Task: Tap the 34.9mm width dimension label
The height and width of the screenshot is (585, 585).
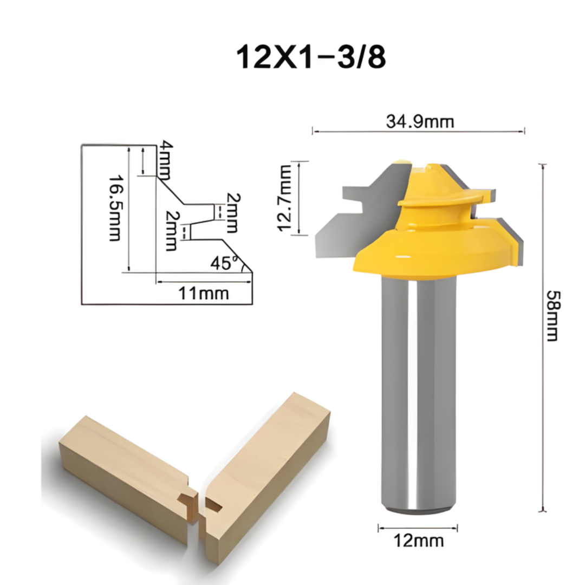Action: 420,122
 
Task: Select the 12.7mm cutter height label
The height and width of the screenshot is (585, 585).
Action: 285,198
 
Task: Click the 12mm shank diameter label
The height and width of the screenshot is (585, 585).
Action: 418,540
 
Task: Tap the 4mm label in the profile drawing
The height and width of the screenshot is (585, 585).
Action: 165,161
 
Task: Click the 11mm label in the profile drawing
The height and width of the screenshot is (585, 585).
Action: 204,294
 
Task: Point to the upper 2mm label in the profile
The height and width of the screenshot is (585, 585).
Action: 232,212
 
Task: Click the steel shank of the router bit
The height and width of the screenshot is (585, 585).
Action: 417,390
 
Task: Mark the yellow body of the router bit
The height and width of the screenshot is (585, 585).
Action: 433,244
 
